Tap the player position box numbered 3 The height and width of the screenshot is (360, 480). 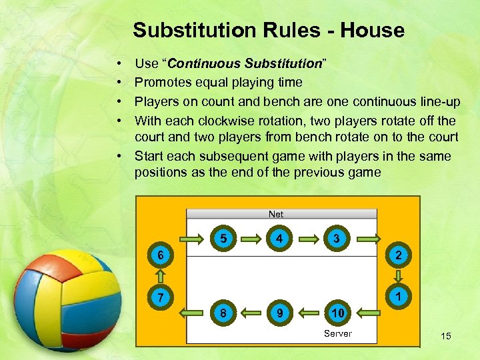coord(337,238)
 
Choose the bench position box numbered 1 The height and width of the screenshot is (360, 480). coord(397,293)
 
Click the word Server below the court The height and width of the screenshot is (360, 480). coord(337,333)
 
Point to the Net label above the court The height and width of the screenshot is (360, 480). coord(276,214)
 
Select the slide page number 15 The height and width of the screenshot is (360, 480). coord(445,336)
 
